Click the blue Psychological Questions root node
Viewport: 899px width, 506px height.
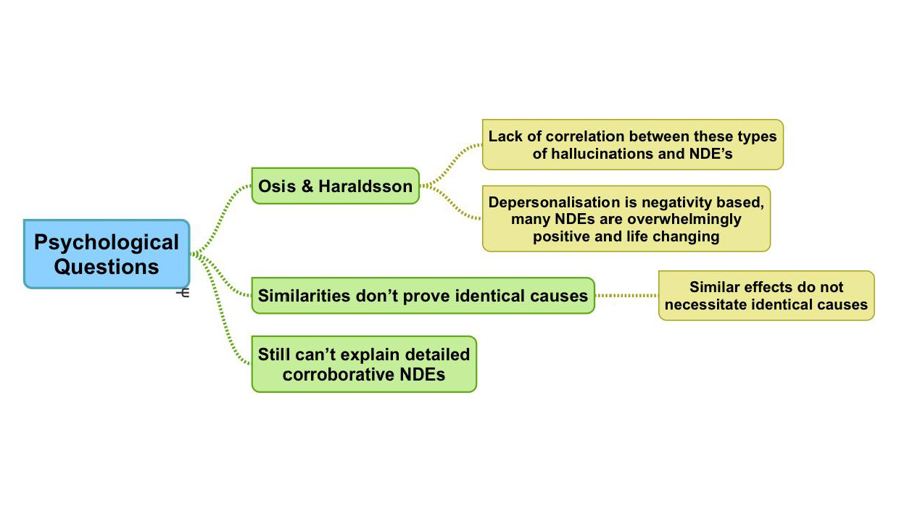(107, 254)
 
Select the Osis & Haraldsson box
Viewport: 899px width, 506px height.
(335, 186)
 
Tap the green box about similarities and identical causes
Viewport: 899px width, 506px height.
(423, 295)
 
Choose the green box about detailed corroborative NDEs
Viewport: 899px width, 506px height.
(364, 364)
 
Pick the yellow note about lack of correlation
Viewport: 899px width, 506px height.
(632, 144)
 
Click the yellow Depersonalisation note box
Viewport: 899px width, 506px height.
(626, 219)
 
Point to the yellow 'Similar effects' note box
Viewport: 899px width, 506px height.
(766, 295)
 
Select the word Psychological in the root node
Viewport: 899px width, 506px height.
(107, 242)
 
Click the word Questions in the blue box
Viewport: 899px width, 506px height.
(107, 267)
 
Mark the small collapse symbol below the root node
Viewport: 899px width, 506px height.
(183, 293)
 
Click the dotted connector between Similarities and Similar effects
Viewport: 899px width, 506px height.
(626, 295)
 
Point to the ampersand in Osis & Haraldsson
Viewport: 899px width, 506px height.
(307, 186)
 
